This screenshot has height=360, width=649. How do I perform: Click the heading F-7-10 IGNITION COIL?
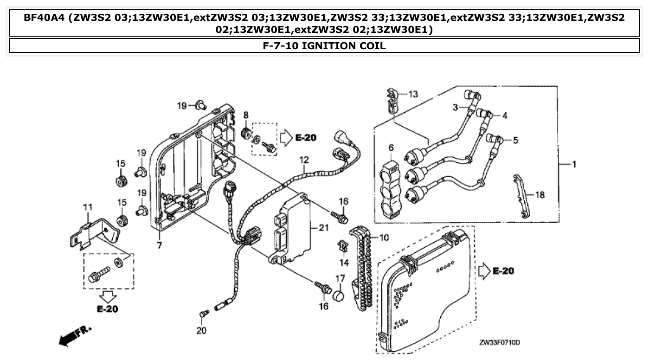pos(324,46)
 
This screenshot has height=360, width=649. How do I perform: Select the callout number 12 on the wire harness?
pos(304,160)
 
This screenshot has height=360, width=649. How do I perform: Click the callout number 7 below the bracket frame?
pos(159,245)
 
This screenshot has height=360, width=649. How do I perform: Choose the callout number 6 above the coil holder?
pos(391,148)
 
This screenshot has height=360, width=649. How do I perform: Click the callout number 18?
pos(540,195)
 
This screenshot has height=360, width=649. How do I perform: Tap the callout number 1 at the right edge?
pos(574,164)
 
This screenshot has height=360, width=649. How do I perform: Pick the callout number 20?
pos(201,331)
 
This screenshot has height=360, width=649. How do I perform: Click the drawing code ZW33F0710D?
pos(499,342)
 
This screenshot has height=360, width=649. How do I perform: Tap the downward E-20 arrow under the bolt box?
pos(108,296)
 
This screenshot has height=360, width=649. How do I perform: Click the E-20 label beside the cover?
pos(503,271)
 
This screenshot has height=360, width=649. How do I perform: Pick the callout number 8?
pos(246,115)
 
